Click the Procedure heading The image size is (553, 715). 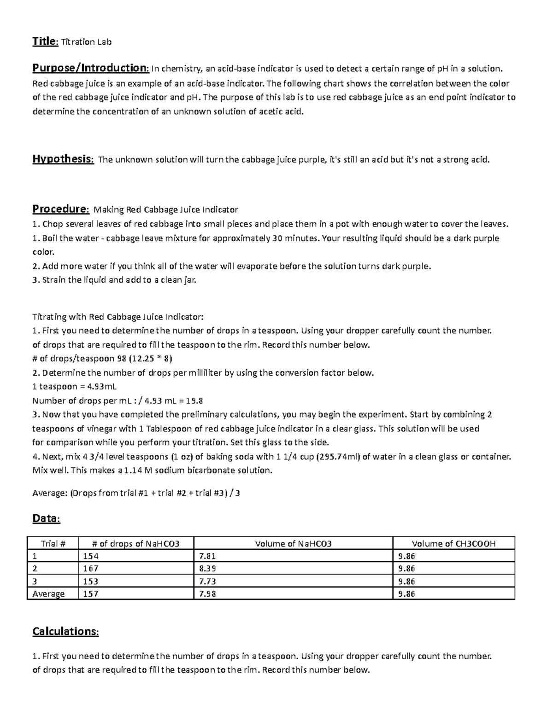[60, 209]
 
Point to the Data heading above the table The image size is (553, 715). [46, 519]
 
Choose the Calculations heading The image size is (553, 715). [65, 631]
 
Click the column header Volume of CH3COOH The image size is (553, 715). [453, 544]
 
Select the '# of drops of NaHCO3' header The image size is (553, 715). [136, 544]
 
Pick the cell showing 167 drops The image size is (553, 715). [91, 569]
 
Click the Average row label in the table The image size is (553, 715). [48, 594]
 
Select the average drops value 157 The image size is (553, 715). [91, 594]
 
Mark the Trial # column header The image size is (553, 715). [53, 544]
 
